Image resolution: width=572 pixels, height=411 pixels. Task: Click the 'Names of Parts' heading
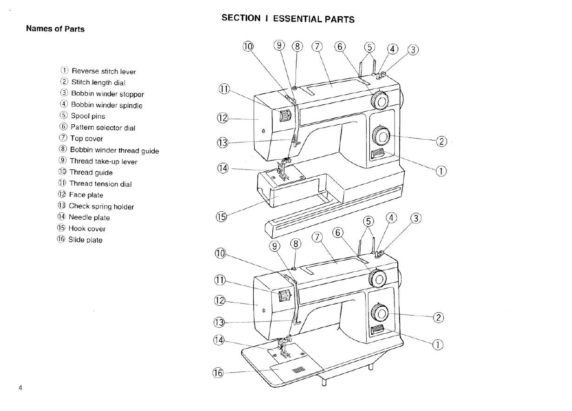pos(55,29)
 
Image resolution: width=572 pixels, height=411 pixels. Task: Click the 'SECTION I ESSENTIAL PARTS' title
pos(288,19)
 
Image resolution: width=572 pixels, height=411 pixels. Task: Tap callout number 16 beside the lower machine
pos(218,372)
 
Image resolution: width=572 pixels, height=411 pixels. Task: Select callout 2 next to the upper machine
pos(441,141)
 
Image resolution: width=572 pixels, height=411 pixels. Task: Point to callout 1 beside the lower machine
pos(438,344)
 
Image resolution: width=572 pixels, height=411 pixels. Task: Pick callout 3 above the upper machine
pos(413,49)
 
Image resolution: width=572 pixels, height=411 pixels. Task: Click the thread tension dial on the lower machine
pos(284,296)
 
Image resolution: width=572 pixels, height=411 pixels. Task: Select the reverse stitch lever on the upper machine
pos(377,155)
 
